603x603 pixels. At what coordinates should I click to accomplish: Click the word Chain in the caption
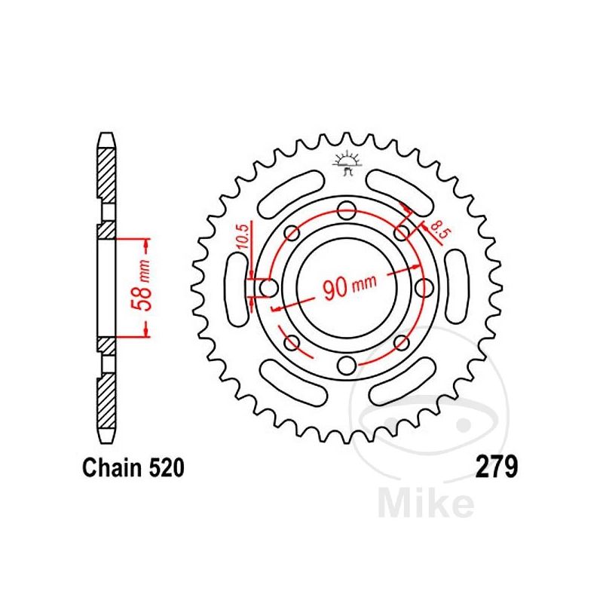pyautogui.click(x=107, y=469)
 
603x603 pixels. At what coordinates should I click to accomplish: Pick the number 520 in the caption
pyautogui.click(x=162, y=469)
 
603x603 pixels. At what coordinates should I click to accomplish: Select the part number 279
pyautogui.click(x=496, y=468)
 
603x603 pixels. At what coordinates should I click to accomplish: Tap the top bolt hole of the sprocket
pyautogui.click(x=346, y=210)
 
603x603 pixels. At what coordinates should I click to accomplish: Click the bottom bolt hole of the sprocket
pyautogui.click(x=346, y=366)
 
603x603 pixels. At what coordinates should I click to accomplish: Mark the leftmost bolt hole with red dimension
pyautogui.click(x=268, y=287)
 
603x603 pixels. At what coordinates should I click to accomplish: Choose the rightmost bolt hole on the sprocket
pyautogui.click(x=424, y=287)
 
